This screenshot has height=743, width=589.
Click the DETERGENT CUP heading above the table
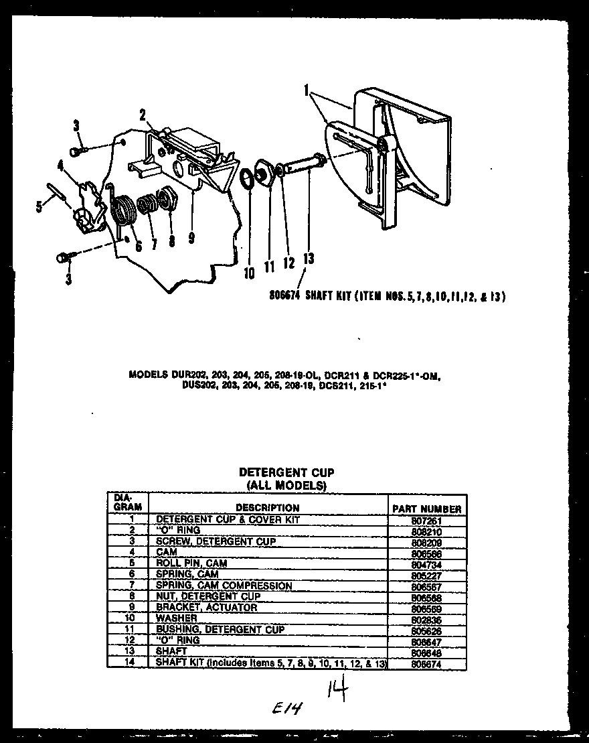click(x=286, y=472)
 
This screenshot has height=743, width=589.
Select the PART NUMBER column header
click(x=427, y=509)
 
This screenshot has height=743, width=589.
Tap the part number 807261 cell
click(x=427, y=520)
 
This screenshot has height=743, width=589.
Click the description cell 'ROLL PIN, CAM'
click(x=191, y=563)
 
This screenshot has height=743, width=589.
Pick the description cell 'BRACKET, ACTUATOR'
click(x=206, y=608)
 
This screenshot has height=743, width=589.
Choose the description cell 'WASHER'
click(x=176, y=618)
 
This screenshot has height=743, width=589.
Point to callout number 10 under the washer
click(x=249, y=273)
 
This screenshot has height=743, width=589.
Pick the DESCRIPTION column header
click(x=267, y=508)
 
